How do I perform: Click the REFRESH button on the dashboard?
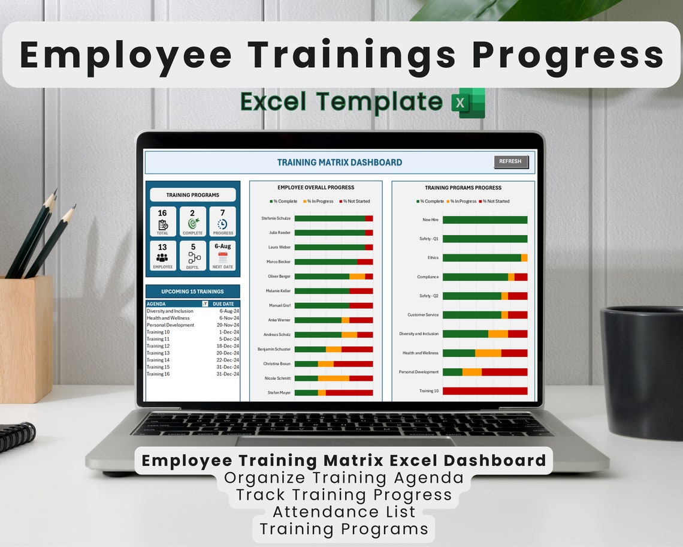(x=510, y=161)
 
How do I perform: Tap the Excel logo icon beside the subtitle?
(x=468, y=102)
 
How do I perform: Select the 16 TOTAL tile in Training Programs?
(x=162, y=221)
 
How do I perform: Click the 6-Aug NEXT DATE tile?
(x=222, y=256)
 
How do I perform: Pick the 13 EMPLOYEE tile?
(x=162, y=256)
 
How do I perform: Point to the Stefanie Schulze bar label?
(x=276, y=218)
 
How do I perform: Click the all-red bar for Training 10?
(x=485, y=391)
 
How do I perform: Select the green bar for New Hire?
(x=485, y=220)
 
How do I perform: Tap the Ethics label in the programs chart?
(x=433, y=258)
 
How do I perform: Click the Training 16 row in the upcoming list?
(x=158, y=374)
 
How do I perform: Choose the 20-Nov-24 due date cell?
(x=228, y=325)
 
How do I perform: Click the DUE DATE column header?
(x=223, y=304)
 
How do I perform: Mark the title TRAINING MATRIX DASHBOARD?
(x=339, y=163)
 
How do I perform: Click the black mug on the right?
(x=642, y=372)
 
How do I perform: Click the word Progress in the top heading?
(x=567, y=55)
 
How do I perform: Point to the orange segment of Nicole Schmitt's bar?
(x=333, y=378)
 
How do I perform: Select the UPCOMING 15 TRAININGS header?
(x=192, y=291)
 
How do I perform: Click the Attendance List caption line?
(x=344, y=512)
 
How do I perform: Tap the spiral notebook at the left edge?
(x=17, y=436)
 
